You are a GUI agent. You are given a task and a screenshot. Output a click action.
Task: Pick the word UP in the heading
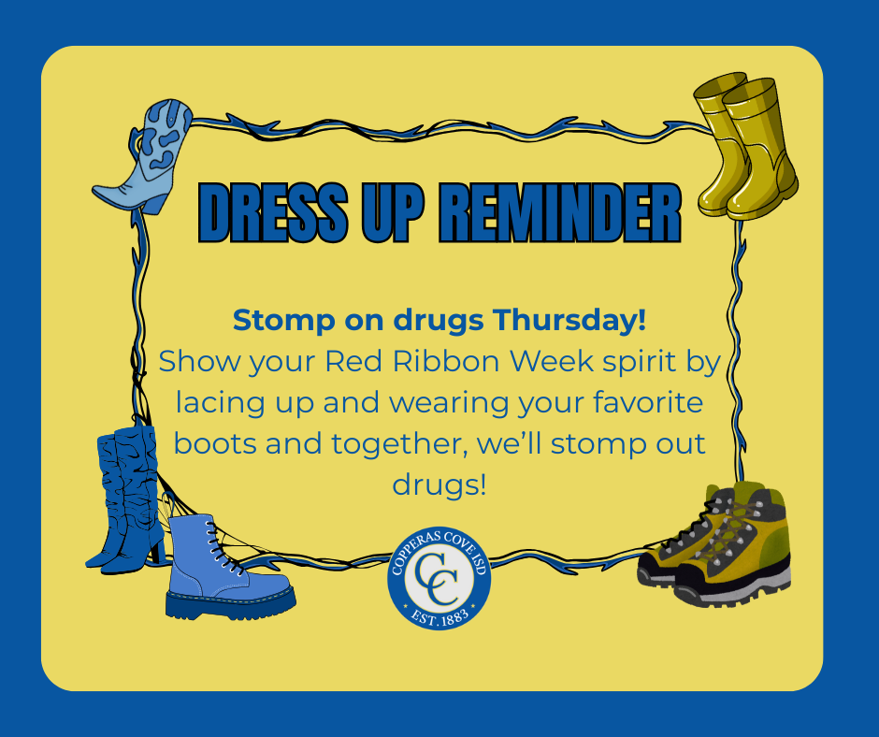coord(384,214)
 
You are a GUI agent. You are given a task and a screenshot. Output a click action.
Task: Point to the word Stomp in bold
coord(273,320)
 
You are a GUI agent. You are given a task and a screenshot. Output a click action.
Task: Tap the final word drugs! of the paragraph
coord(439,484)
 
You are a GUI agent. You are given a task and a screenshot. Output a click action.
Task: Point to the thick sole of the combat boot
coord(230,604)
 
